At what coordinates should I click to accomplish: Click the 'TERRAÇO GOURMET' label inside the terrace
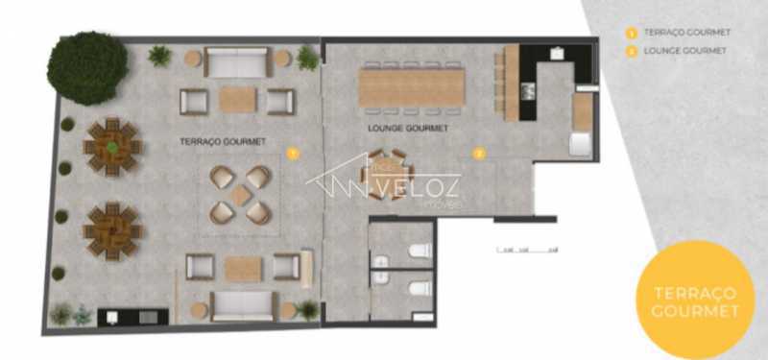click(x=224, y=141)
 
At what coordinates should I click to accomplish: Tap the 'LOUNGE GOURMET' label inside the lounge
click(x=409, y=128)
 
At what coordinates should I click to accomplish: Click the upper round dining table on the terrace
click(x=112, y=147)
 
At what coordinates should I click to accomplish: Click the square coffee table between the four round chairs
click(x=240, y=194)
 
